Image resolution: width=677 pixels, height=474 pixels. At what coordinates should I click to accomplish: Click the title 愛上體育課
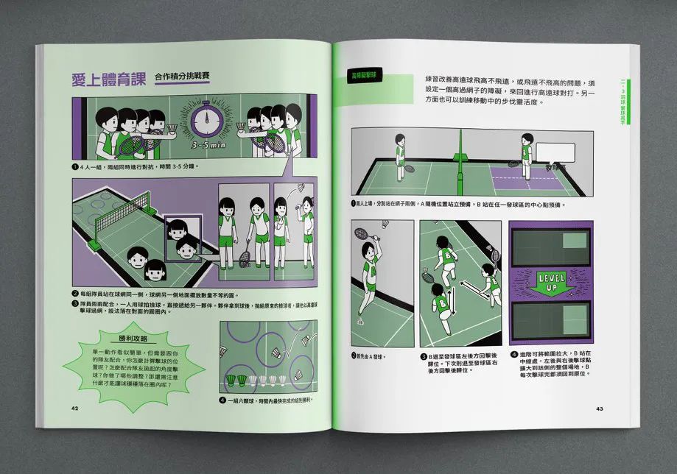click(106, 79)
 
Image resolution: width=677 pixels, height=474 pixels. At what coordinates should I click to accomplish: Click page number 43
click(600, 408)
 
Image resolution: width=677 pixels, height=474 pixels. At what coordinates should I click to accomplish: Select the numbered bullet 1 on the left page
click(74, 166)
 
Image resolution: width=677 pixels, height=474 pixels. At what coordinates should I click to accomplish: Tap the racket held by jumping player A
click(363, 234)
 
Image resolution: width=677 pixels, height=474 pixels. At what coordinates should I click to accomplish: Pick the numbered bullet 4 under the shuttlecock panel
click(222, 400)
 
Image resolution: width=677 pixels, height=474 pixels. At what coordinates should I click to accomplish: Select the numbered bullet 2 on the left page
click(74, 293)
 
